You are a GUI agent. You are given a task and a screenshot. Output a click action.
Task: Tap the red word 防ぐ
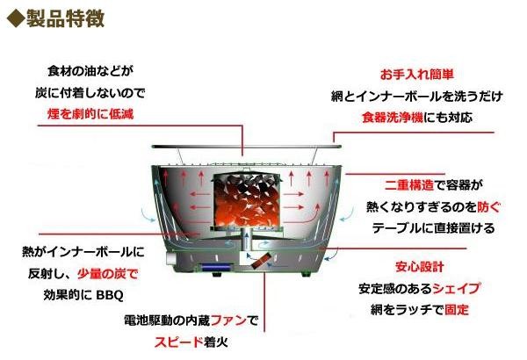pos(489,207)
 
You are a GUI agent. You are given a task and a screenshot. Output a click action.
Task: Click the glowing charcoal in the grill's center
pos(247,198)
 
